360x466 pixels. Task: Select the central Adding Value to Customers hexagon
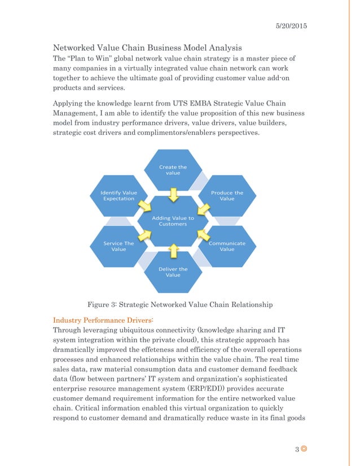[x=173, y=221]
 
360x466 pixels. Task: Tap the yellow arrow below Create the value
[x=174, y=194]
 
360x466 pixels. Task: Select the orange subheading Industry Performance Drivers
[x=99, y=319]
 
